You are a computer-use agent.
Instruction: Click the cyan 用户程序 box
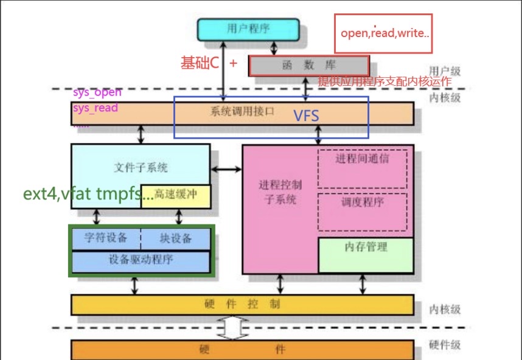pyautogui.click(x=248, y=29)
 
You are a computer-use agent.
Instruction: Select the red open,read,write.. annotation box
pyautogui.click(x=383, y=33)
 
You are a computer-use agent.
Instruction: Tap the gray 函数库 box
pyautogui.click(x=309, y=66)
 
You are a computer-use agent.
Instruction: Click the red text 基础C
pyautogui.click(x=200, y=62)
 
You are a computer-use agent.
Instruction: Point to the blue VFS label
pyautogui.click(x=306, y=116)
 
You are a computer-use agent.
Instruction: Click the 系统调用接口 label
pyautogui.click(x=242, y=112)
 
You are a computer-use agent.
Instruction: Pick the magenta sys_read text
pyautogui.click(x=96, y=108)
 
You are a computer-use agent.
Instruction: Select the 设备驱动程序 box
pyautogui.click(x=141, y=260)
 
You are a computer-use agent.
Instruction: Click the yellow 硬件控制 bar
pyautogui.click(x=242, y=305)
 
